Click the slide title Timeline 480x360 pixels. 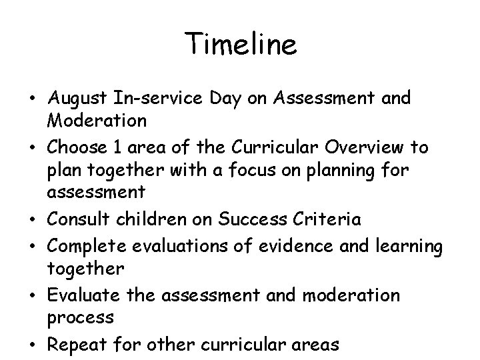241,45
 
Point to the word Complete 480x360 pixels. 85,246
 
